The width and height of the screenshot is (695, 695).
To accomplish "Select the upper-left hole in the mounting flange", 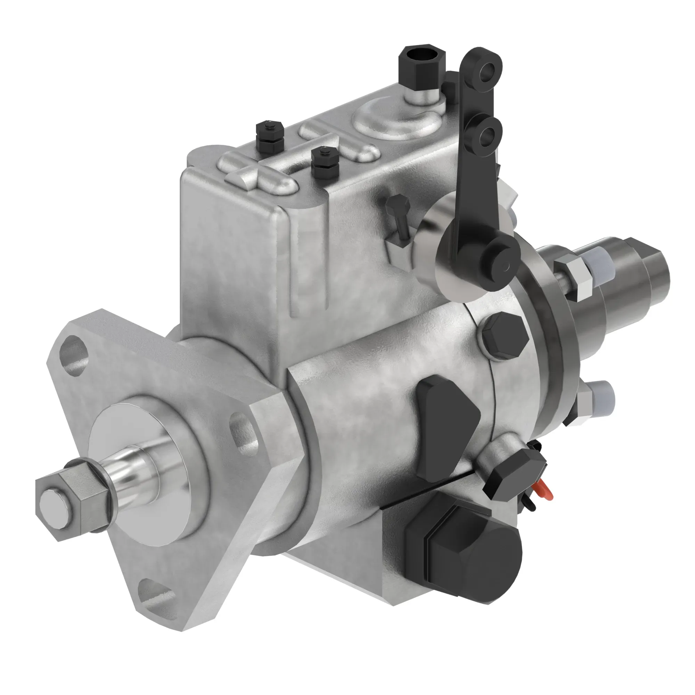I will pos(75,354).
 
